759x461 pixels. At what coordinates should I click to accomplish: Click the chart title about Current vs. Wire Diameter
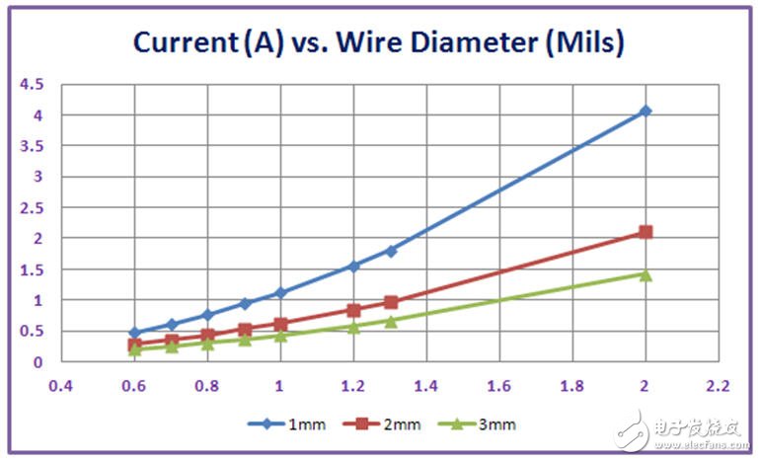pos(380,42)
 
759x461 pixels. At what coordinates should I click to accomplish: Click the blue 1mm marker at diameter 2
pos(645,112)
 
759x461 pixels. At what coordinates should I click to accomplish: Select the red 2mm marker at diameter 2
pos(645,232)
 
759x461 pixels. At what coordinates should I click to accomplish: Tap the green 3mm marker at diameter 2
pos(645,274)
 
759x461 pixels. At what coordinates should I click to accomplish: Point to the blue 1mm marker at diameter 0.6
pos(134,333)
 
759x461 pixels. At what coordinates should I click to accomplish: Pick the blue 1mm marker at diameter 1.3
pos(391,251)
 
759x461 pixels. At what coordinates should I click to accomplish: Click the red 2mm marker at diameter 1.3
pos(391,302)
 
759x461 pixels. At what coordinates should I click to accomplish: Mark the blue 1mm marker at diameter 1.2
pos(353,266)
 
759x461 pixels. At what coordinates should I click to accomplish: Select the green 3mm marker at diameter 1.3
pos(391,321)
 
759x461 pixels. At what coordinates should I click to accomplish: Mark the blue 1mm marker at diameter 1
pos(280,292)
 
